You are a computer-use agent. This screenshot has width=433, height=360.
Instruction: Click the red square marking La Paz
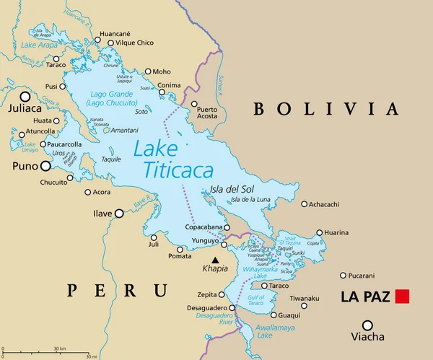[402, 296]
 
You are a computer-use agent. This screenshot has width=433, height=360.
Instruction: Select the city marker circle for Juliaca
[25, 96]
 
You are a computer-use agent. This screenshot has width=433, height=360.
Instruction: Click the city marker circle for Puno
[45, 165]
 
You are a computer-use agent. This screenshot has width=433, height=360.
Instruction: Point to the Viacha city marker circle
[367, 325]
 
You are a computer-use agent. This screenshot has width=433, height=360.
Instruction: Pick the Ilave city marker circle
[120, 214]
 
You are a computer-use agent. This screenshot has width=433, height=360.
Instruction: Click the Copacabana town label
[205, 227]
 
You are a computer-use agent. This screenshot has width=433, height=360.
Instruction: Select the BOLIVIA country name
[325, 109]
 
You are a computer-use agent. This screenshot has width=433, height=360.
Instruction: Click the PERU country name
[118, 290]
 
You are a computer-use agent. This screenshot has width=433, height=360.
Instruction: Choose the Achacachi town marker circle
[304, 204]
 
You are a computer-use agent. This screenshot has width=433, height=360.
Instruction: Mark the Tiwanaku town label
[305, 298]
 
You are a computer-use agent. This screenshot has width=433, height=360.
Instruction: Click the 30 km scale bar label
[60, 349]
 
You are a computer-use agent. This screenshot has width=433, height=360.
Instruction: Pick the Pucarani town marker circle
[342, 275]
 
